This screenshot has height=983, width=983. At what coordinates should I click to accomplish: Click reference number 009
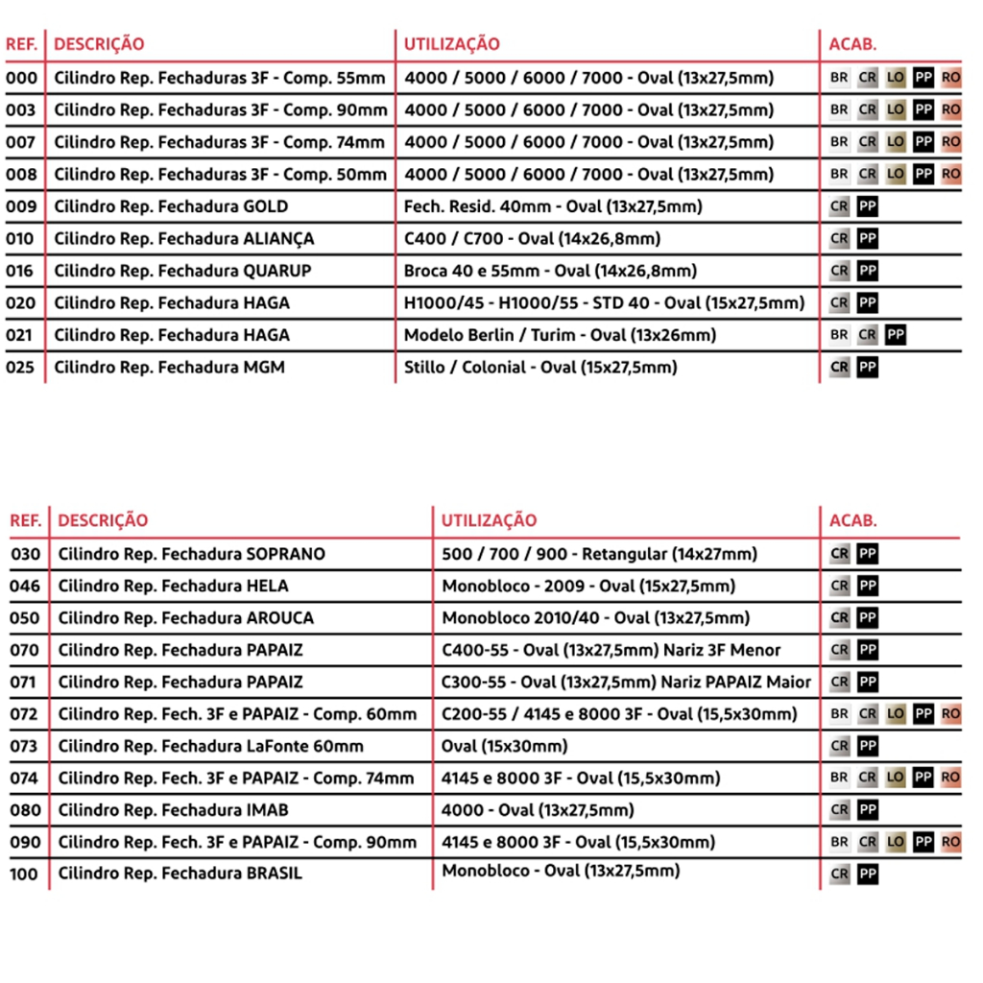[x=20, y=206]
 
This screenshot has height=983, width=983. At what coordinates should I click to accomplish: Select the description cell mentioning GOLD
[x=171, y=206]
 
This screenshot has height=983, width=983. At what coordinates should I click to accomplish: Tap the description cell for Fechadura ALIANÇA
[x=184, y=239]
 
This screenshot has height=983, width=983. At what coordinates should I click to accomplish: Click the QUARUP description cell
[x=182, y=271]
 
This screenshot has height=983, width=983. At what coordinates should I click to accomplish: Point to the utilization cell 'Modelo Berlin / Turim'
[x=560, y=335]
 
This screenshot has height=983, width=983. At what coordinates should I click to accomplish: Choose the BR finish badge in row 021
[x=839, y=335]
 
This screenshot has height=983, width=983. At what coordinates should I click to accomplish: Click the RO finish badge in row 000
[x=950, y=78]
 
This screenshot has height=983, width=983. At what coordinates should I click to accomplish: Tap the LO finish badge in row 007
[x=896, y=142]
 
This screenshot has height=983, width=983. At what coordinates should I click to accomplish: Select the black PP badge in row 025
[x=867, y=367]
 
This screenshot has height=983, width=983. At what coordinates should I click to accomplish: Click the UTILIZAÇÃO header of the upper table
[x=451, y=44]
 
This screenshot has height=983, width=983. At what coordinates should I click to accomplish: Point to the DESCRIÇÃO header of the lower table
[x=103, y=521]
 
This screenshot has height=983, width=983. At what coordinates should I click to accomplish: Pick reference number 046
[x=25, y=586]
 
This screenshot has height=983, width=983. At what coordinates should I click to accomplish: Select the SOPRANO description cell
[x=191, y=554]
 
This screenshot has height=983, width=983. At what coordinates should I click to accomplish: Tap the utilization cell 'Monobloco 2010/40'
[x=595, y=618]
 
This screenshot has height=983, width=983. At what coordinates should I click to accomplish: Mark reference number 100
[x=25, y=874]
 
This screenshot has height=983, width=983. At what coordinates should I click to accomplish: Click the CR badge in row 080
[x=839, y=810]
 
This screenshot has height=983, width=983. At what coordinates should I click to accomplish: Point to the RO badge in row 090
[x=950, y=842]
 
